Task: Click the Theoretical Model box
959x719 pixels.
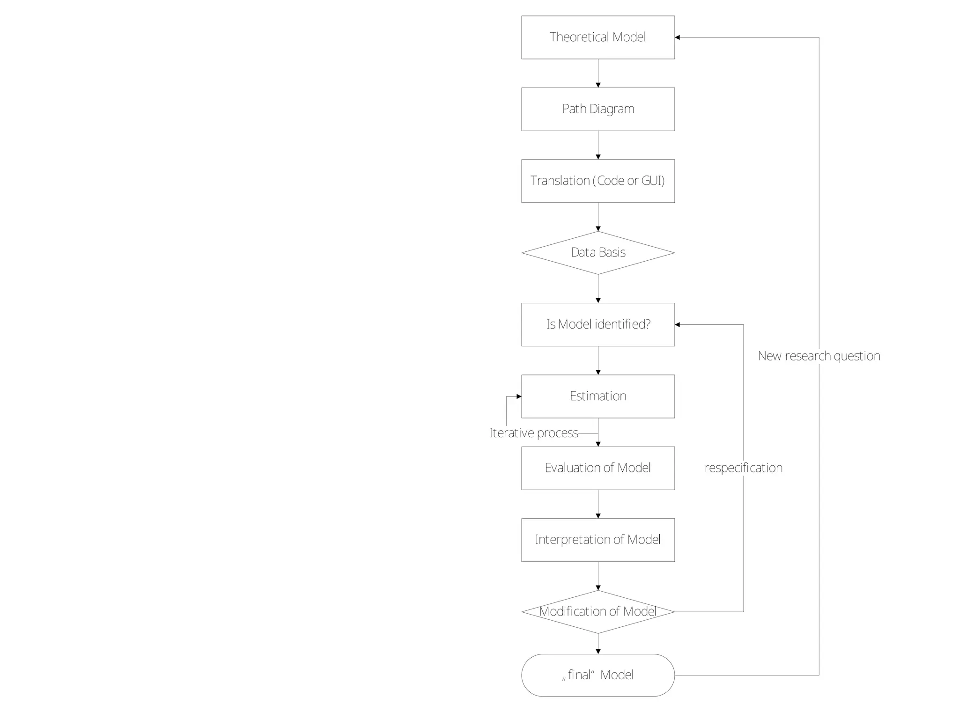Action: point(598,37)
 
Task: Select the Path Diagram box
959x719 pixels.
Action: point(598,109)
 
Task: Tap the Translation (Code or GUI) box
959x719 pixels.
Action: point(598,181)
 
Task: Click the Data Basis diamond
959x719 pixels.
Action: point(598,253)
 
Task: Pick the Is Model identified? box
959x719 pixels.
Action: point(598,324)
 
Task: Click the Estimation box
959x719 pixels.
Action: point(598,396)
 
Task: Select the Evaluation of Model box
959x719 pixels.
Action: point(598,468)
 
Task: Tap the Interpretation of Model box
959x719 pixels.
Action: point(598,540)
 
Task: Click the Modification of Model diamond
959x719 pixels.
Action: point(598,611)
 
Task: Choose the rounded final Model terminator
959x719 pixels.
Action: point(598,675)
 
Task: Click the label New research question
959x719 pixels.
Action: point(819,356)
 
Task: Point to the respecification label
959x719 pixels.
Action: point(743,468)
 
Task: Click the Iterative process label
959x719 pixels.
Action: point(533,433)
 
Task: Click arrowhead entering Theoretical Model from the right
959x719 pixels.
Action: point(678,37)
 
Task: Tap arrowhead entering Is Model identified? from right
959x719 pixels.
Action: point(678,324)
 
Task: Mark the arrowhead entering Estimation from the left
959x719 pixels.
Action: point(519,396)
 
